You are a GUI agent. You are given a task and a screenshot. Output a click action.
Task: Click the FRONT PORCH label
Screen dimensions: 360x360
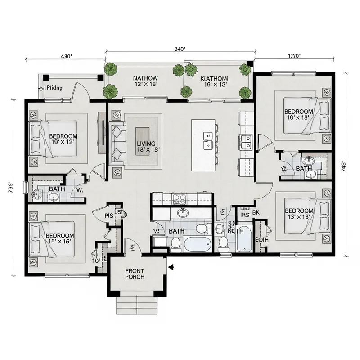(135, 274)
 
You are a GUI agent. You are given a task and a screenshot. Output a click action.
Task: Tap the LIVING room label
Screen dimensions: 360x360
(146, 147)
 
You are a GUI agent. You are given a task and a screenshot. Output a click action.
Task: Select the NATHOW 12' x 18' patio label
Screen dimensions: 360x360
(145, 81)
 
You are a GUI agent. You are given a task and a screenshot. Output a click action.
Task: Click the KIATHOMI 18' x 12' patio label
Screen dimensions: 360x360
(213, 81)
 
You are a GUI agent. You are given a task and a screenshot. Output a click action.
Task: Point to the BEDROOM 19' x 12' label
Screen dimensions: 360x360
(63, 139)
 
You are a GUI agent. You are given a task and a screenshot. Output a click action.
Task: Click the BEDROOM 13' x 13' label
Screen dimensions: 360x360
(299, 214)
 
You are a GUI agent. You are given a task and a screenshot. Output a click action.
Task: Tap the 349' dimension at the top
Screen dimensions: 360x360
(180, 50)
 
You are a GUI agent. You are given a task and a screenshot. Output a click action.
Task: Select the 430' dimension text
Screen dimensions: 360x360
(66, 56)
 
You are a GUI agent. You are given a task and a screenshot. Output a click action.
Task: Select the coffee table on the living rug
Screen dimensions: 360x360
(143, 141)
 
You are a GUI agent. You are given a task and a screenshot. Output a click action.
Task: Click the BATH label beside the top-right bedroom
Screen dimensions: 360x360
(304, 169)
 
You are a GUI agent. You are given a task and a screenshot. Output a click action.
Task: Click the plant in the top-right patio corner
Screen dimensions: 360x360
(245, 69)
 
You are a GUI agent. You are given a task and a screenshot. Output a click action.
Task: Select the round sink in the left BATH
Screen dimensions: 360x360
(37, 195)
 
